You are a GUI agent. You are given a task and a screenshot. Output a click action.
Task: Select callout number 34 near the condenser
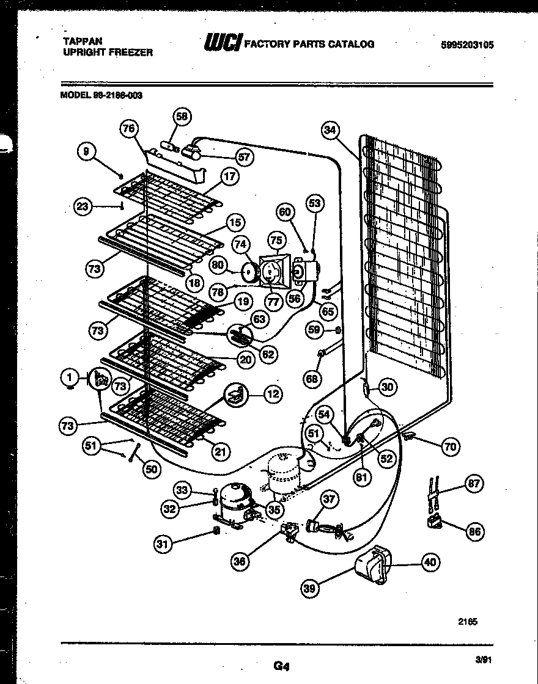[x=331, y=129]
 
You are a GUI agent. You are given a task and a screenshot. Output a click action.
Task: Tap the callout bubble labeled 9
[x=87, y=150]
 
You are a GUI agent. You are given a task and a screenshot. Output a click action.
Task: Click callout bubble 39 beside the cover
[x=311, y=588]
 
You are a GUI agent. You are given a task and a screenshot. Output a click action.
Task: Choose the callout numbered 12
[x=273, y=395]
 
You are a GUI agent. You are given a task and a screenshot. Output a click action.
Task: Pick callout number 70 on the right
[x=450, y=447]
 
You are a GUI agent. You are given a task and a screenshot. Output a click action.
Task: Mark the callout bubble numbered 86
[x=474, y=531]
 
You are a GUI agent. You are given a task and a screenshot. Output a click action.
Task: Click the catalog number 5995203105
[x=466, y=45]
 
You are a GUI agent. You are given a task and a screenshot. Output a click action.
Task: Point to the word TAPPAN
[x=83, y=41]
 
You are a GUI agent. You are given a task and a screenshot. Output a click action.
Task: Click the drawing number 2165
[x=468, y=622]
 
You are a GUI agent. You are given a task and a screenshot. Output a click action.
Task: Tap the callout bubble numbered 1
[x=70, y=378]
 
